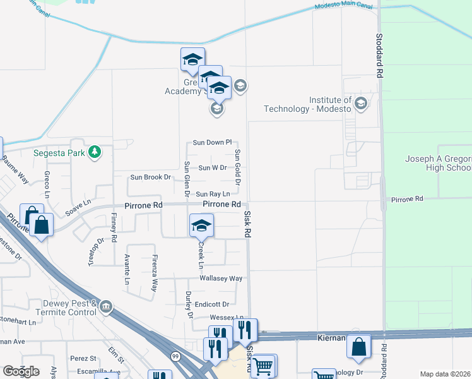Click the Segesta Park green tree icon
[95, 152]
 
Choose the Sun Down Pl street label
[213, 143]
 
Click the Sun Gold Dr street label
[238, 167]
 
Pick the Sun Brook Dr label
[150, 177]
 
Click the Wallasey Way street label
[221, 278]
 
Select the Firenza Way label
[153, 273]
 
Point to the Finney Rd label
[114, 227]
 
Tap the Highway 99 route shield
[174, 357]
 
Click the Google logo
[21, 371]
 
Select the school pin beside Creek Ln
[201, 226]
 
